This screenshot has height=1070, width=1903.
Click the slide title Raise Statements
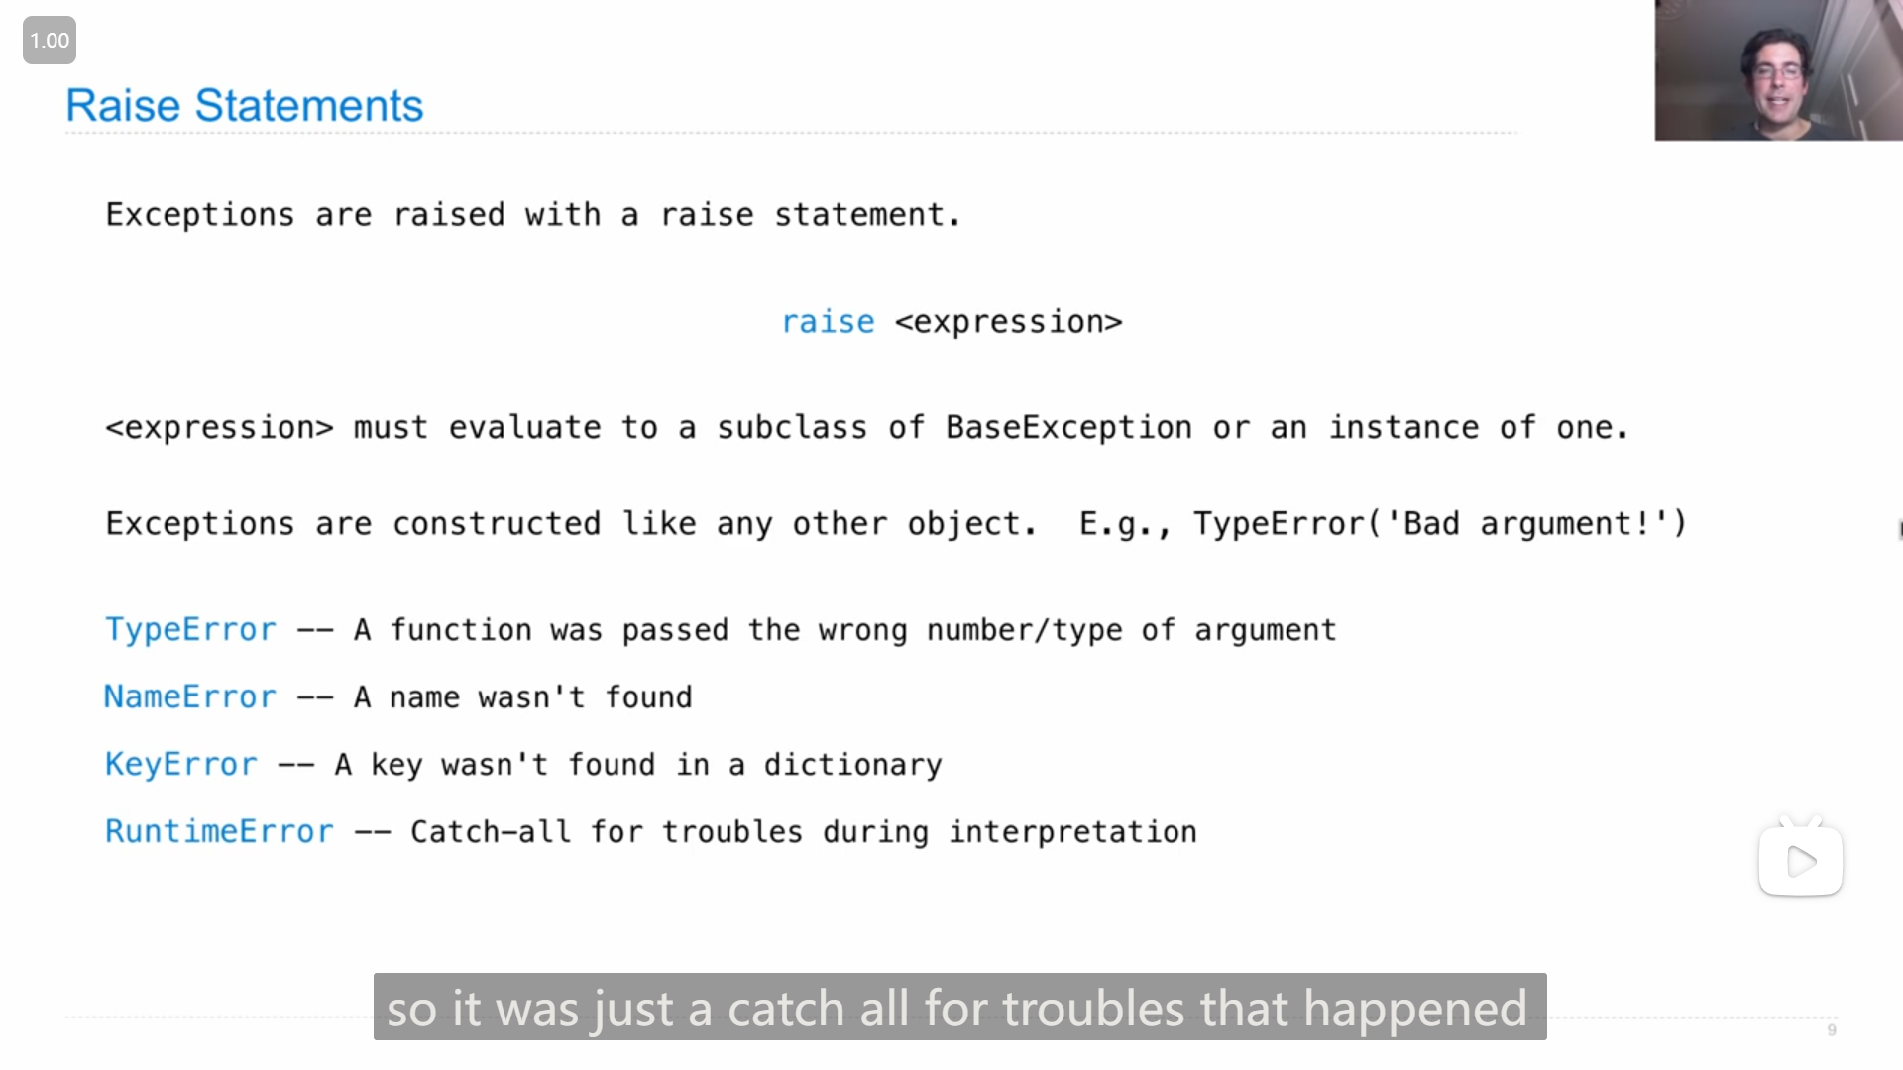tap(244, 106)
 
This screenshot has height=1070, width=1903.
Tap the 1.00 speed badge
tap(50, 41)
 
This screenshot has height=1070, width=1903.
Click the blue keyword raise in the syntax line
tap(828, 322)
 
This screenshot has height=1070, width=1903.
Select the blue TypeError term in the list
tap(190, 630)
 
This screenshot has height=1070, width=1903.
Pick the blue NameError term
tap(190, 697)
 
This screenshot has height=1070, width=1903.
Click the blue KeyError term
tap(181, 765)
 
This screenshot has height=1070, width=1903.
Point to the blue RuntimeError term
tap(219, 832)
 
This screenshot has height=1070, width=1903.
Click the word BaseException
tap(1068, 428)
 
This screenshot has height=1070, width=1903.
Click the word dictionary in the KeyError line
tap(852, 765)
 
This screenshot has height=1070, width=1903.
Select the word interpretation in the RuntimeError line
tap(1073, 832)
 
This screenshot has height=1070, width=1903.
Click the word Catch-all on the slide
tap(491, 832)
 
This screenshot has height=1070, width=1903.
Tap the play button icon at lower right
tap(1801, 861)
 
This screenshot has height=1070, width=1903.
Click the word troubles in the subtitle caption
tap(1093, 1009)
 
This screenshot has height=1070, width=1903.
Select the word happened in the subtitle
tap(1415, 1009)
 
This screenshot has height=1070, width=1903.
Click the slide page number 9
tap(1832, 1030)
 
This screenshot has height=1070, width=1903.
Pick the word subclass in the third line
tap(792, 428)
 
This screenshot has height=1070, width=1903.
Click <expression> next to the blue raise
tap(1009, 322)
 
